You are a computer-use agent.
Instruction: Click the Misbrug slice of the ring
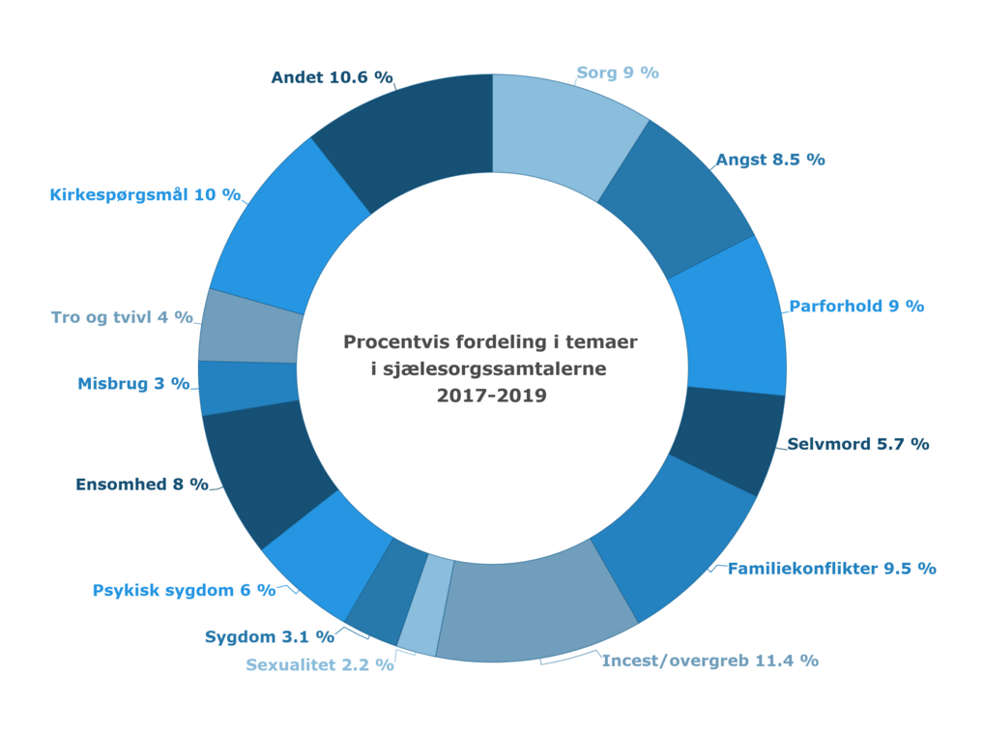[247, 386]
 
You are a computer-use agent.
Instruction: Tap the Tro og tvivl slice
[250, 326]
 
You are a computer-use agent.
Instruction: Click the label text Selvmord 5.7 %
[857, 445]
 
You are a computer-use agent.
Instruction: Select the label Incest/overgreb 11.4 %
[709, 661]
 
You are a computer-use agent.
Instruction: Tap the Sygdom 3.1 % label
[269, 636]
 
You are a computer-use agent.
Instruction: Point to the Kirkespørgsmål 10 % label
[144, 194]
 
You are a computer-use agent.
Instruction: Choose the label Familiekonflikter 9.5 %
[831, 569]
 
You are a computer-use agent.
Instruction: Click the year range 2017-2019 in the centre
[491, 395]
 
